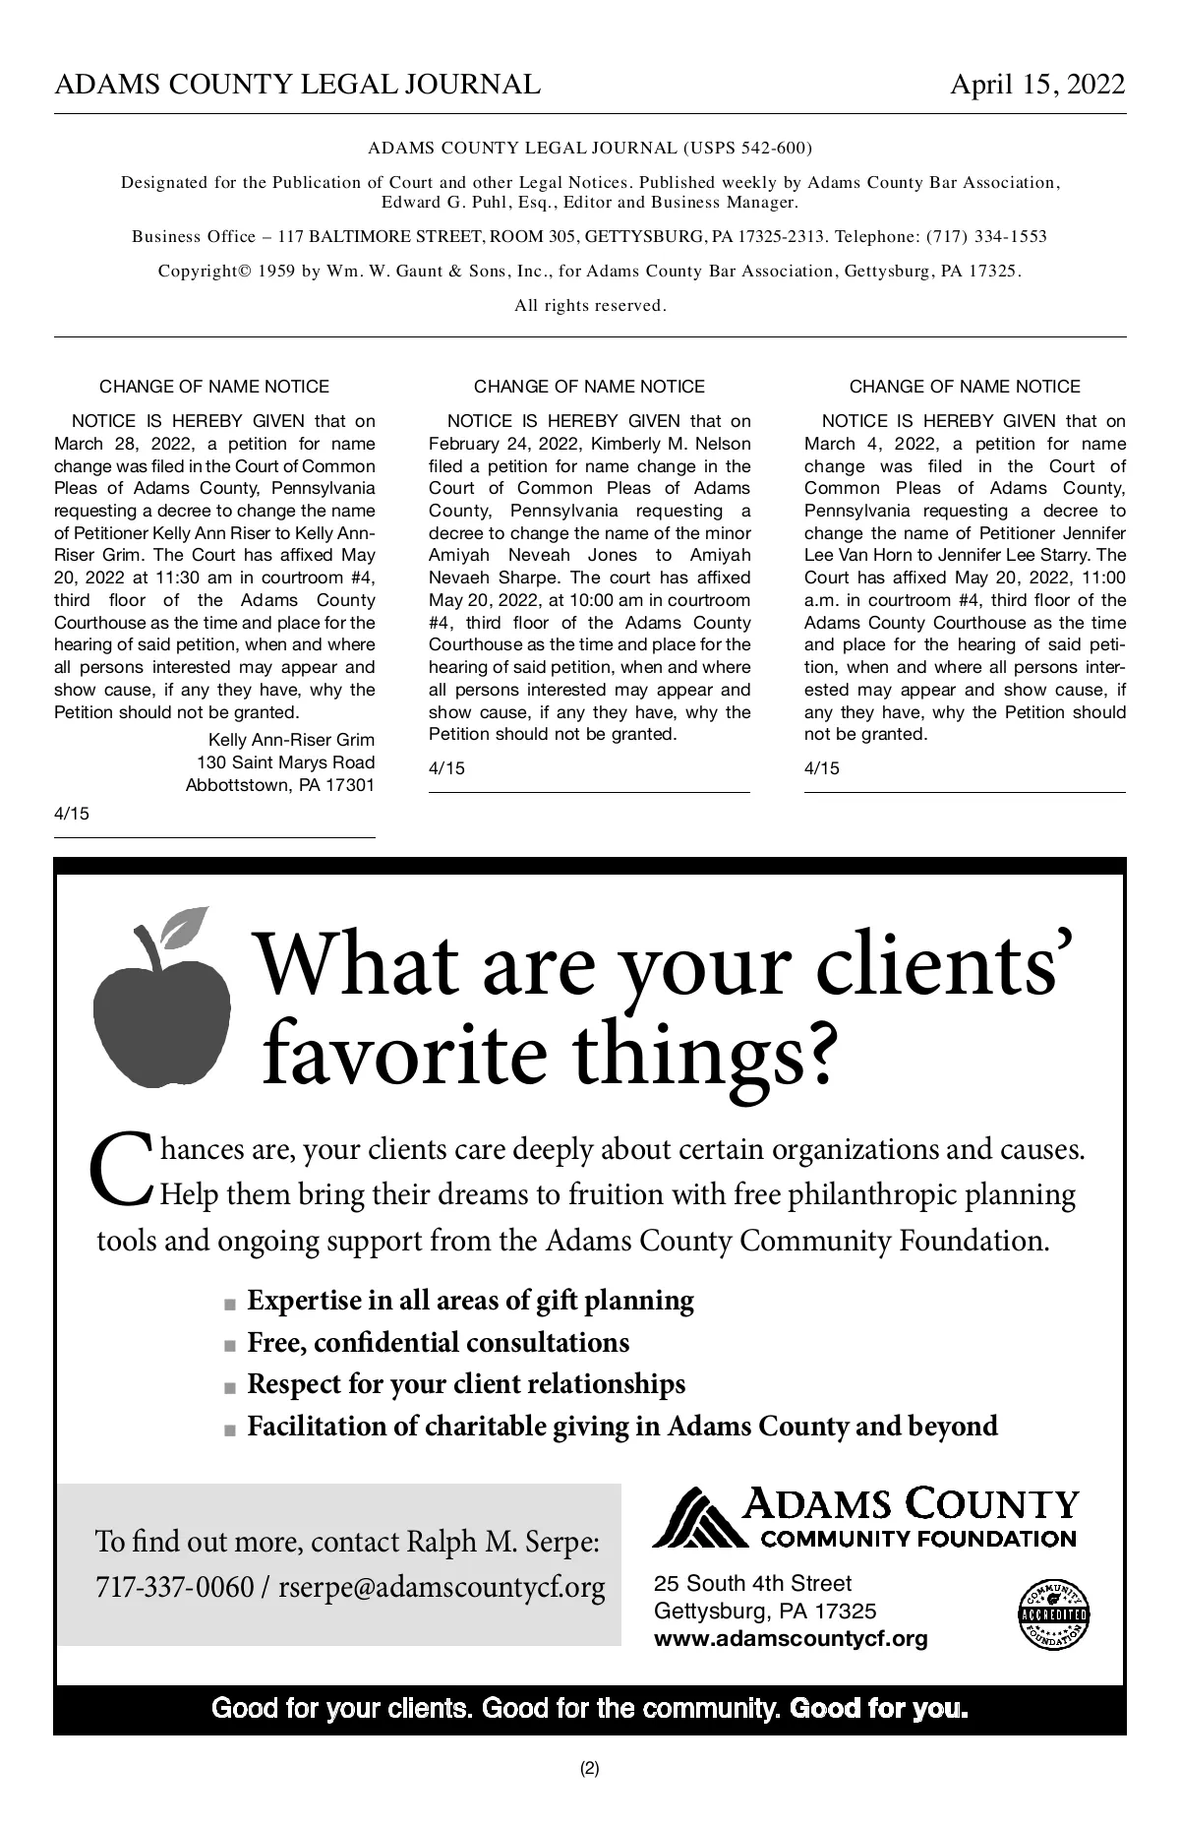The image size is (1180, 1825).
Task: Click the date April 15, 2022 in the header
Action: coord(1036,85)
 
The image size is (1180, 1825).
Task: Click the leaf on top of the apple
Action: coord(185,926)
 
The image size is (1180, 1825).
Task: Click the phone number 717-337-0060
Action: coord(174,1587)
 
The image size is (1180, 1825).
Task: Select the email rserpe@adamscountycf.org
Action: coord(442,1587)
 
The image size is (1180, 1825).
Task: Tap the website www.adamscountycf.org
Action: coord(790,1638)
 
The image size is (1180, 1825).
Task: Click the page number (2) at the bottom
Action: coord(589,1768)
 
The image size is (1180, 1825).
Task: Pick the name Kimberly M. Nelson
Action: coord(671,444)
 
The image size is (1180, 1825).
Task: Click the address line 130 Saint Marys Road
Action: coord(285,762)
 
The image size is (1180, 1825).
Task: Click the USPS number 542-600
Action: coord(775,149)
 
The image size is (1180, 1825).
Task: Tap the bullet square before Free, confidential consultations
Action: coord(230,1345)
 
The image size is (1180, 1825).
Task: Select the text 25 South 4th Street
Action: coord(752,1583)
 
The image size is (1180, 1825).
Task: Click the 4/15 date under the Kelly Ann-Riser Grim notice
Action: coord(71,813)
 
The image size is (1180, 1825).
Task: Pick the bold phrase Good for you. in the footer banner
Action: coord(879,1708)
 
